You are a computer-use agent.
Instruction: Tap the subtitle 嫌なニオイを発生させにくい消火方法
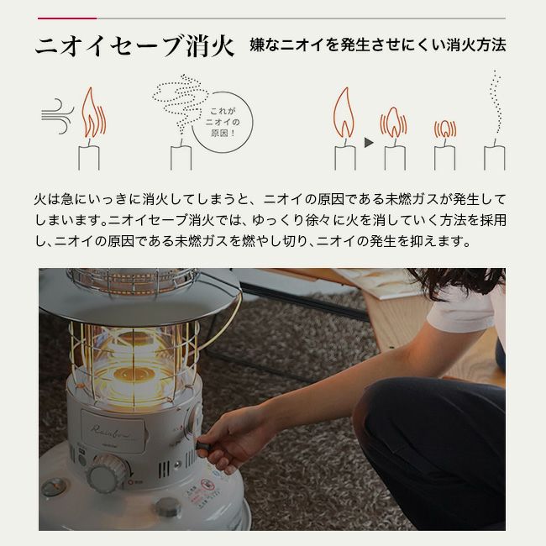pyautogui.click(x=377, y=45)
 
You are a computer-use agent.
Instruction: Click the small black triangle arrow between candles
pyautogui.click(x=368, y=144)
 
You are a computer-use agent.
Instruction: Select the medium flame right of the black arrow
pyautogui.click(x=393, y=124)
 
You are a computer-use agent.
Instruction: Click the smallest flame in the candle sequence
pyautogui.click(x=444, y=129)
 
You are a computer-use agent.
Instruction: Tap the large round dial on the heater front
pyautogui.click(x=108, y=472)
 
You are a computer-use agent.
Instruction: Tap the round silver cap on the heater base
pyautogui.click(x=167, y=507)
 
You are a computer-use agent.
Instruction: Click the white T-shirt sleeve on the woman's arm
pyautogui.click(x=461, y=310)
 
